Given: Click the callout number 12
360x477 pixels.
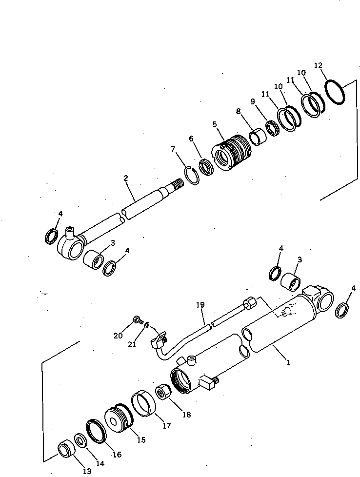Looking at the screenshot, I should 318,65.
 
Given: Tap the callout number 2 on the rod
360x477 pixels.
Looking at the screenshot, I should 126,179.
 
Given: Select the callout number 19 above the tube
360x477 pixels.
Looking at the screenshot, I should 200,306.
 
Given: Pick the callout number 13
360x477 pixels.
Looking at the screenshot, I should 86,471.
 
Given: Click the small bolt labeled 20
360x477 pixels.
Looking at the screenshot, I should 137,321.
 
